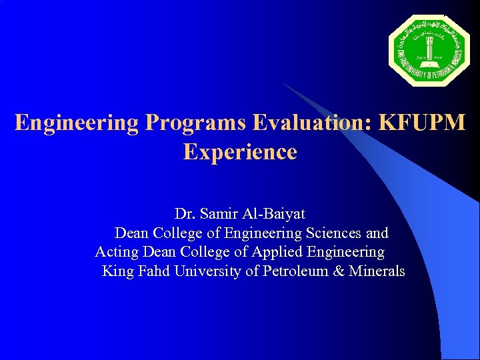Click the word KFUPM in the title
tap(422, 123)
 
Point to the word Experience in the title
tap(240, 152)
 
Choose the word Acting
tap(115, 253)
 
